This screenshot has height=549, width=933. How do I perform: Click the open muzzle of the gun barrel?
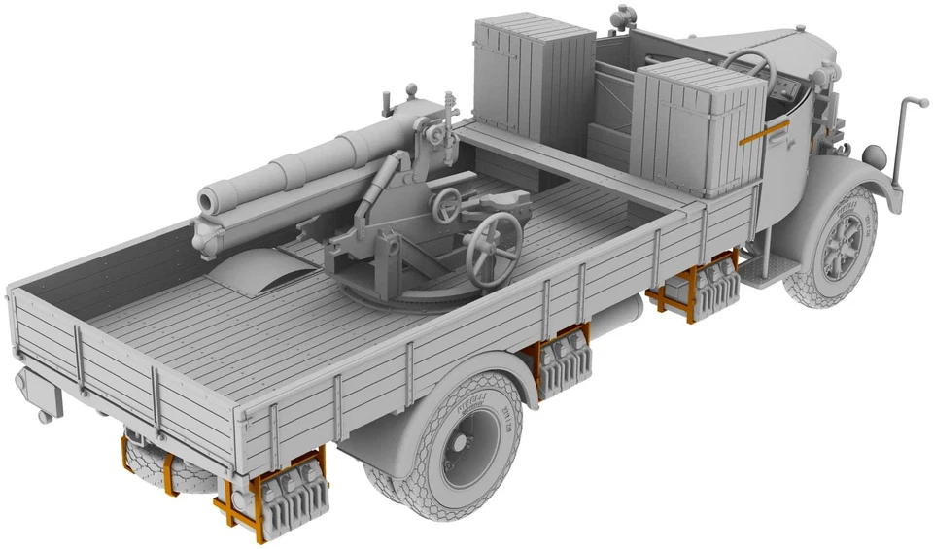pos(208,200)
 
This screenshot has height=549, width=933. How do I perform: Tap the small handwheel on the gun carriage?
pos(447,203)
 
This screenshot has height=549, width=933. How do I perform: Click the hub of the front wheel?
pos(840,243)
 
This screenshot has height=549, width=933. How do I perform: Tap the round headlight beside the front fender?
pos(874,154)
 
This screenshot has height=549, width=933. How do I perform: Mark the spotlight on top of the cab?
pos(622,19)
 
